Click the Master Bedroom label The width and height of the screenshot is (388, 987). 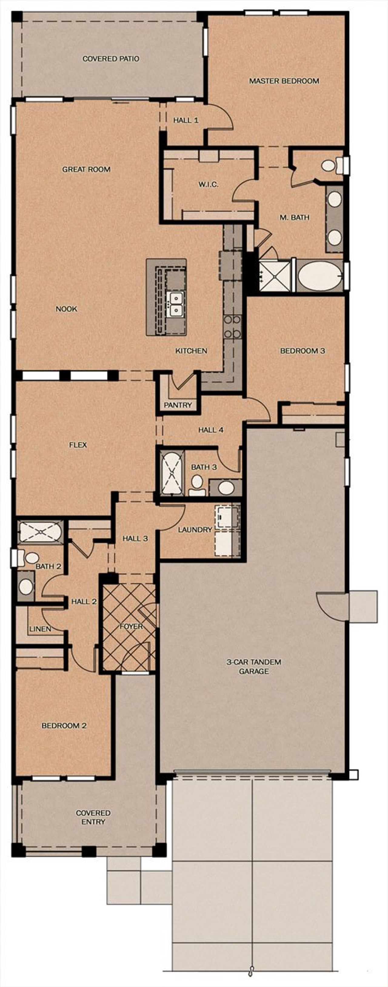point(284,81)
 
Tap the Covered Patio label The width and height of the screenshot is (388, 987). point(111,59)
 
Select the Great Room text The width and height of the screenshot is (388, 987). point(86,169)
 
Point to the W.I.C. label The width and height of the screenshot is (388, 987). point(208,184)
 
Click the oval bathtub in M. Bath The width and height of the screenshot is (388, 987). point(320,277)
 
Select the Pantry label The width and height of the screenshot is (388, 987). point(178,405)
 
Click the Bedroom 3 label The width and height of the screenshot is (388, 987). point(303,351)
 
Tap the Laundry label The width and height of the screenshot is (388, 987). point(195,529)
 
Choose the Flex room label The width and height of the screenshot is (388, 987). point(78,445)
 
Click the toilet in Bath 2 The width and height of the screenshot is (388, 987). point(30,558)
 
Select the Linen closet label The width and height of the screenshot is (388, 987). point(40,629)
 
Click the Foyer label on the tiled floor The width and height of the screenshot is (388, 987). point(131,627)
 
